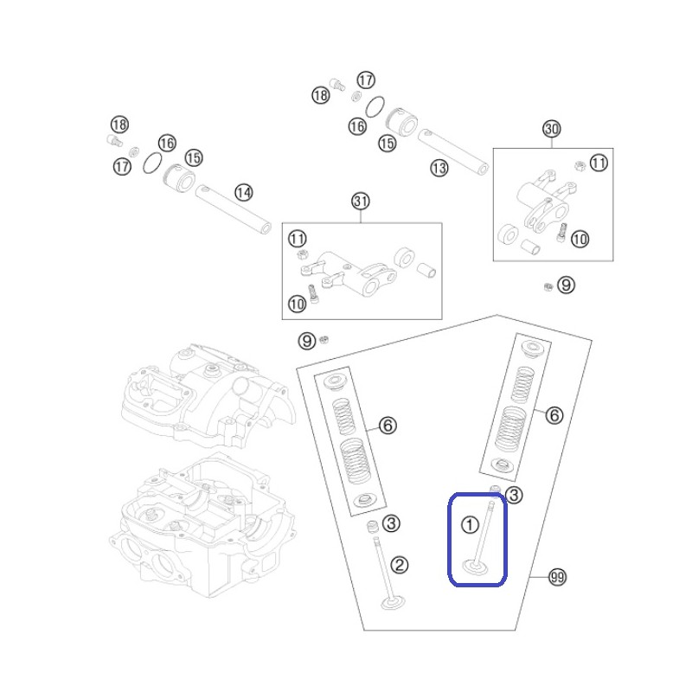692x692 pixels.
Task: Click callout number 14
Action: point(244,193)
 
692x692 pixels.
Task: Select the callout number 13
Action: point(439,168)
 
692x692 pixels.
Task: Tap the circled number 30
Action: point(552,129)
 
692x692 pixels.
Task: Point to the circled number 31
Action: point(361,202)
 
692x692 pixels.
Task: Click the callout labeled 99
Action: point(557,577)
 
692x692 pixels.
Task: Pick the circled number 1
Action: point(470,525)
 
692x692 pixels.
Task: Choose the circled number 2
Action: point(400,565)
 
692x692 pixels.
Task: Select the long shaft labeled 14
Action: point(234,209)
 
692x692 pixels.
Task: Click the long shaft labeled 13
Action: point(453,152)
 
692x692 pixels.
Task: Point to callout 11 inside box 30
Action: point(599,163)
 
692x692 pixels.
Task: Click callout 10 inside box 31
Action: point(297,304)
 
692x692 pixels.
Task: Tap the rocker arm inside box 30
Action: point(545,201)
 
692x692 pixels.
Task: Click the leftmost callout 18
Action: point(119,125)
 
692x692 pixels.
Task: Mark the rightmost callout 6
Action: point(554,415)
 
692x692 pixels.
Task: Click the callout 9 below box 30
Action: point(567,285)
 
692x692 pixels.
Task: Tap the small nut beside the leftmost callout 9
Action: point(324,339)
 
